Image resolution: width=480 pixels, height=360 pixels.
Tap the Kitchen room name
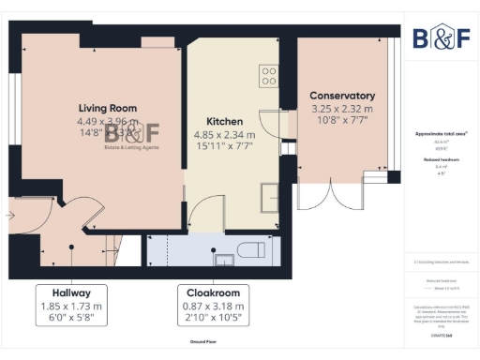[225, 122]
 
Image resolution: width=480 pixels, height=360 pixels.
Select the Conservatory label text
[342, 96]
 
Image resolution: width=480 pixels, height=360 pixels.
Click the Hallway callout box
[71, 306]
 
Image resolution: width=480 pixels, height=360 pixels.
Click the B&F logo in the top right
[441, 38]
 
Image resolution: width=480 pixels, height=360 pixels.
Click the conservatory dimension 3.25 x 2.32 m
[342, 109]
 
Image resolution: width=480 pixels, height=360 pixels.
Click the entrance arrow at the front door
[8, 216]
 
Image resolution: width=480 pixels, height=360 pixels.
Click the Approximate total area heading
[441, 134]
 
